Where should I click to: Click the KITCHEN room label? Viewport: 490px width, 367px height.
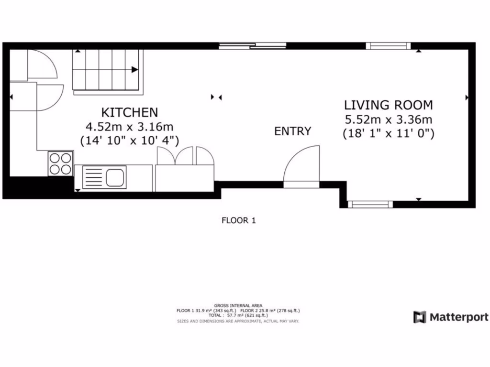pyautogui.click(x=129, y=112)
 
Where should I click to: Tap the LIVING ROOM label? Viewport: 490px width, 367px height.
pyautogui.click(x=388, y=105)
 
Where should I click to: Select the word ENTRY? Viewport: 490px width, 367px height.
pyautogui.click(x=292, y=131)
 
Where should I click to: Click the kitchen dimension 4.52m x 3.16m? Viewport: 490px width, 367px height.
pyautogui.click(x=129, y=127)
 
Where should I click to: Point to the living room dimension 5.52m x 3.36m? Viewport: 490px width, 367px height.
pyautogui.click(x=388, y=119)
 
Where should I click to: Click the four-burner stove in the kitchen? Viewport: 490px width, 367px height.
pyautogui.click(x=60, y=163)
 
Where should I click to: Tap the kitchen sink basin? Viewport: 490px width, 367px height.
pyautogui.click(x=115, y=177)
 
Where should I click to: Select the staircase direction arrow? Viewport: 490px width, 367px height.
pyautogui.click(x=135, y=70)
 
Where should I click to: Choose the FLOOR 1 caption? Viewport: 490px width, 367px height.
pyautogui.click(x=239, y=220)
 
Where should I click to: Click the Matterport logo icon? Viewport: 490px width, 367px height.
pyautogui.click(x=420, y=317)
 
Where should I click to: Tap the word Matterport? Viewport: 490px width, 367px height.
pyautogui.click(x=458, y=317)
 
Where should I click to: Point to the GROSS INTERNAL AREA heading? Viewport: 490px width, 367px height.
pyautogui.click(x=238, y=305)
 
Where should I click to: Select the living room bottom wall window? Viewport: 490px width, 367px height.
pyautogui.click(x=370, y=205)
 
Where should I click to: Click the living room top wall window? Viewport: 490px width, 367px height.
pyautogui.click(x=388, y=46)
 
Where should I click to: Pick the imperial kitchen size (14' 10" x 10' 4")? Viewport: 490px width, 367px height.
pyautogui.click(x=129, y=140)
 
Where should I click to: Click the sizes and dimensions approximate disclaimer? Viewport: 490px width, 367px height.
pyautogui.click(x=238, y=321)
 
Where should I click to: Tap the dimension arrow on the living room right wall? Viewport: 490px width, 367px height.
pyautogui.click(x=467, y=97)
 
